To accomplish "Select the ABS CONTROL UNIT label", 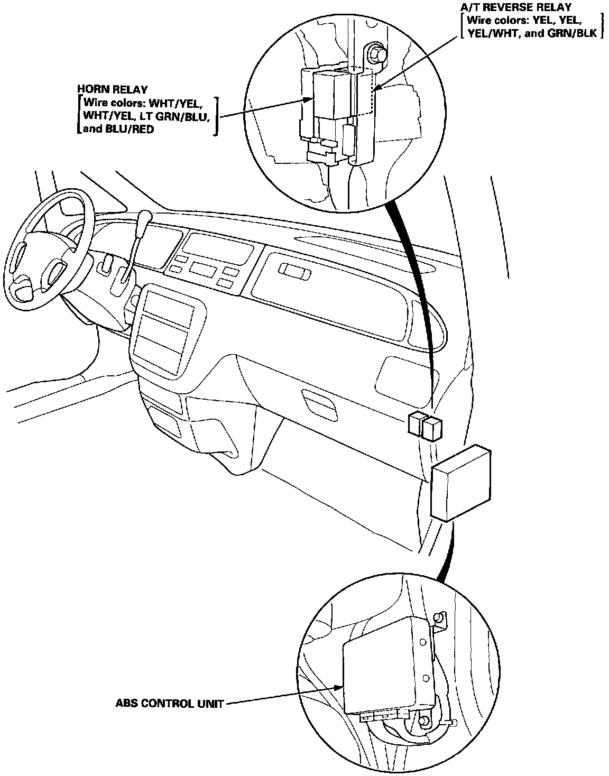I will [x=170, y=704].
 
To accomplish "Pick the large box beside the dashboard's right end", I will [x=461, y=482].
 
